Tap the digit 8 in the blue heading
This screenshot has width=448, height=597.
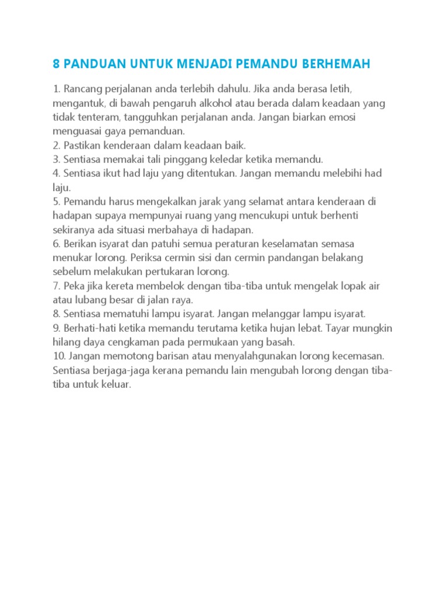[57, 64]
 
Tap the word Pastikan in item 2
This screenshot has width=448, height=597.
[82, 145]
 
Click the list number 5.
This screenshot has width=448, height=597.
[56, 202]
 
